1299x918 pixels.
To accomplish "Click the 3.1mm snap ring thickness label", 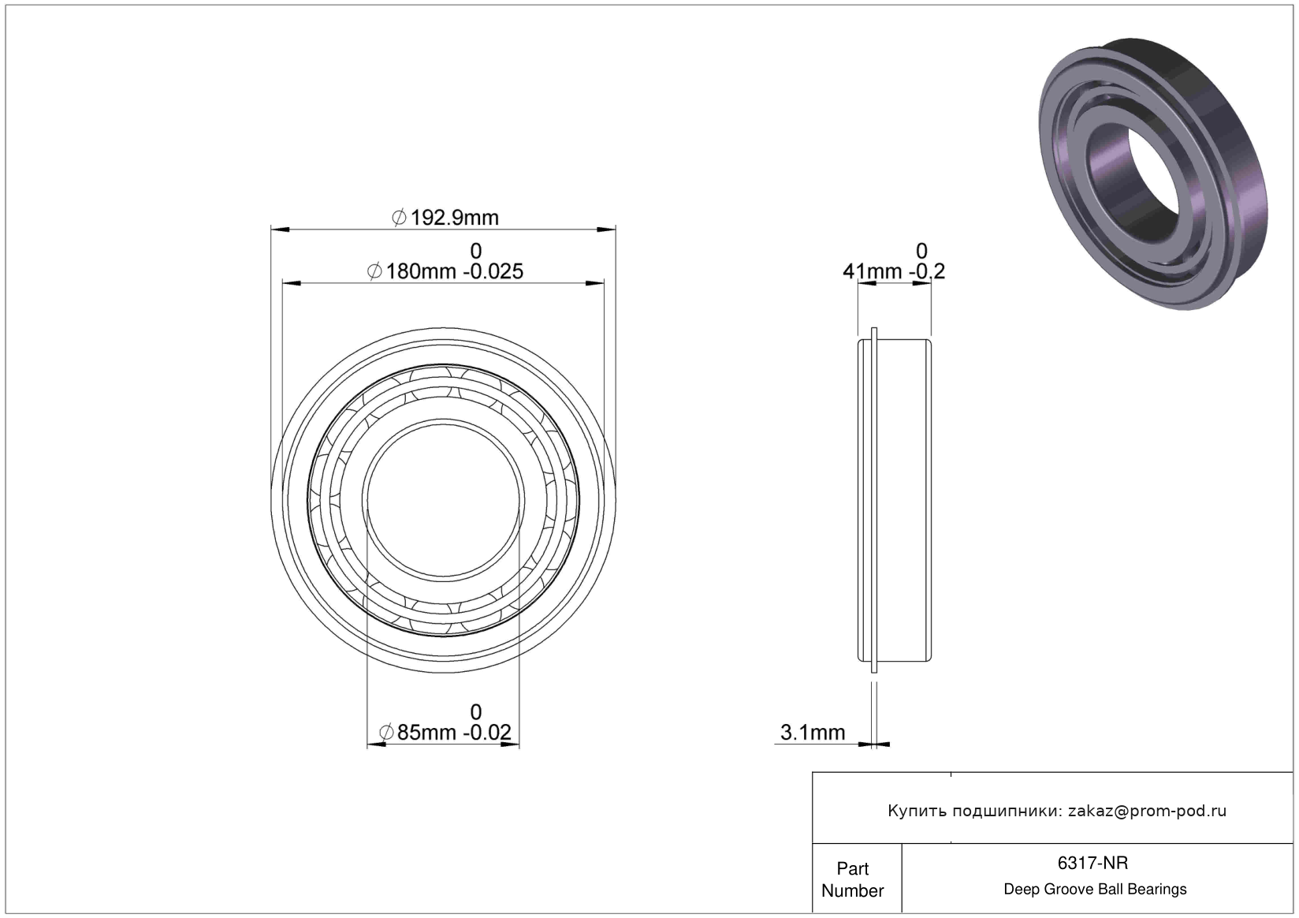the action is (x=813, y=733).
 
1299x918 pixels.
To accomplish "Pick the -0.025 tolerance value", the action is (x=493, y=271).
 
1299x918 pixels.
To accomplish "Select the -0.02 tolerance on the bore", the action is (x=487, y=733).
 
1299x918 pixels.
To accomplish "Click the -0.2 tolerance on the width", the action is (x=927, y=271).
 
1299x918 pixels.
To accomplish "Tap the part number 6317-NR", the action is (x=1092, y=863).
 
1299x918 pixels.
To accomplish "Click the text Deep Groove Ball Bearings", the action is (x=1095, y=889).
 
